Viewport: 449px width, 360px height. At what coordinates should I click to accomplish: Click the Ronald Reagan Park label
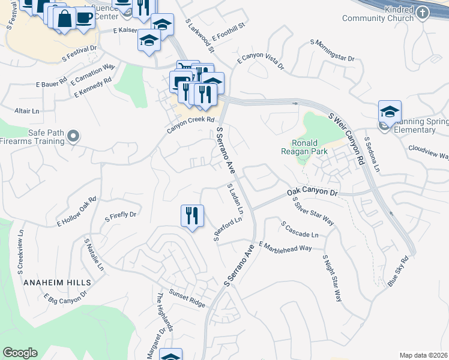coord(309,147)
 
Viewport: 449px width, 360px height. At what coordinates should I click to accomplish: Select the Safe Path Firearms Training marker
coord(73,137)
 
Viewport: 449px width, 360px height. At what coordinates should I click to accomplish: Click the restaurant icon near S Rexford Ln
coord(192,215)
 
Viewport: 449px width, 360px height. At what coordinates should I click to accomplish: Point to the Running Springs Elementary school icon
coord(389,112)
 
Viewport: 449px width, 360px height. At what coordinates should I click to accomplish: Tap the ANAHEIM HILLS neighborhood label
coord(58,282)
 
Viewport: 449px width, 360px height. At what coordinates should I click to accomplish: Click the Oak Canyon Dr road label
coord(313,192)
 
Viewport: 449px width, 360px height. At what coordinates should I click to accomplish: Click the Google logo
coord(20,353)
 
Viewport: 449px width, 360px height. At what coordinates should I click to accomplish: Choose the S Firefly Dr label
coord(121,215)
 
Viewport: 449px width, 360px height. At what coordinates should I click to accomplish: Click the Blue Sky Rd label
coord(397,271)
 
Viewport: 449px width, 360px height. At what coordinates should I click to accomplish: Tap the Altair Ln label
coord(26,112)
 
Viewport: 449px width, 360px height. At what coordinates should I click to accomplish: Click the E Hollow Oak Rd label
coord(76,211)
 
